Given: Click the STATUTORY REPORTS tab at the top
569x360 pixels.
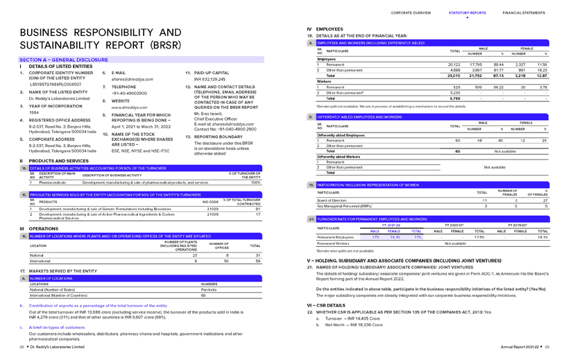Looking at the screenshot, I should (468, 12).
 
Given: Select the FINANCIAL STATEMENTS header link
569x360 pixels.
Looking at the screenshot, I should (527, 12).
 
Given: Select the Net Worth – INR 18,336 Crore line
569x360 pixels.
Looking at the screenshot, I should (348, 324).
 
